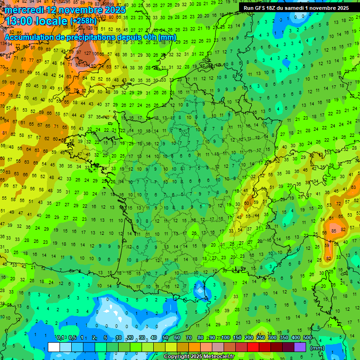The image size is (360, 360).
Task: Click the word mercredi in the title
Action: [24, 10]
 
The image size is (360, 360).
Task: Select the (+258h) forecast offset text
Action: [84, 21]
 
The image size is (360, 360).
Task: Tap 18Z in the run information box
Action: [270, 8]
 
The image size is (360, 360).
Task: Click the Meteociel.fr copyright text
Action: [199, 356]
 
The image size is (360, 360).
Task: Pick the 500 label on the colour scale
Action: [307, 338]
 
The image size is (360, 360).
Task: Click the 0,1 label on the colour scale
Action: [60, 338]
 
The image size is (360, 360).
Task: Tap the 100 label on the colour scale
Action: [226, 338]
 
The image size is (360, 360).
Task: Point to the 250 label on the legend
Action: [261, 338]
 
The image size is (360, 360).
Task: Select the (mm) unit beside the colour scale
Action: [318, 348]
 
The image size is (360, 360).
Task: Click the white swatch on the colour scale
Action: [54, 347]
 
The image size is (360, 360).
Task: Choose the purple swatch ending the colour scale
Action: [300, 347]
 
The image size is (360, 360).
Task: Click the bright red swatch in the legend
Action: [253, 347]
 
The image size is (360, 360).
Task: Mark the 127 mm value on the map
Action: [87, 53]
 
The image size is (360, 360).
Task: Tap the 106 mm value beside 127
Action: [98, 53]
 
